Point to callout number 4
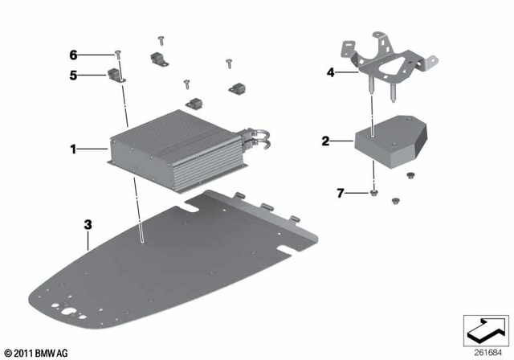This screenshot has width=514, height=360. click(x=330, y=72)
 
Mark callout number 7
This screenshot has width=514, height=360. click(x=341, y=193)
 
